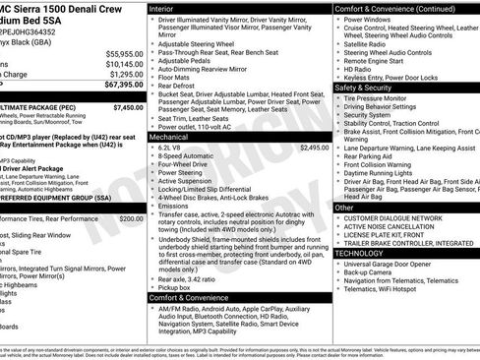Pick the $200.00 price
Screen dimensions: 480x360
[131, 218]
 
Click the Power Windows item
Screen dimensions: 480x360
[372, 19]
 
